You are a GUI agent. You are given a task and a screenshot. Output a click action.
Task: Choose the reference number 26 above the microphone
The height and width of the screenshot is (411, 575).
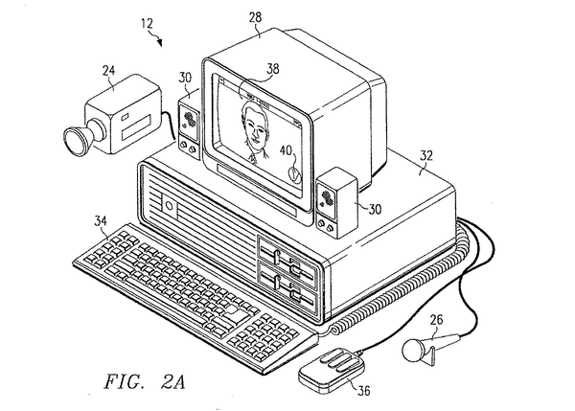[435, 321]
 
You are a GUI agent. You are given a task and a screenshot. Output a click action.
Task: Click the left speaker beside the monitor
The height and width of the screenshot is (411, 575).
[189, 123]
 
